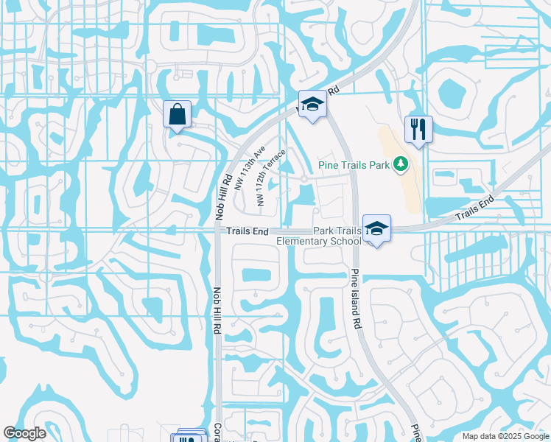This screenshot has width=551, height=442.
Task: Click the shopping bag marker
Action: pyautogui.click(x=177, y=114)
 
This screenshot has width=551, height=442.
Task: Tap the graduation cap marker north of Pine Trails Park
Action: pyautogui.click(x=312, y=105)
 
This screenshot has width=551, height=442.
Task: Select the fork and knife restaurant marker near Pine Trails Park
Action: pyautogui.click(x=418, y=130)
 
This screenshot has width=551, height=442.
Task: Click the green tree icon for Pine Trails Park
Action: pyautogui.click(x=401, y=164)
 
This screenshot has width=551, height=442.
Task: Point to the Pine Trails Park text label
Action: pyautogui.click(x=354, y=165)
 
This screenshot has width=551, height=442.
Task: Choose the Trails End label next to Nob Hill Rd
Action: pyautogui.click(x=248, y=231)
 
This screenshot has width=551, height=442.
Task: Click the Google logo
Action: pyautogui.click(x=24, y=432)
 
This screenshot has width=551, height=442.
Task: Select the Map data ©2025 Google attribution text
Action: pyautogui.click(x=505, y=436)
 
